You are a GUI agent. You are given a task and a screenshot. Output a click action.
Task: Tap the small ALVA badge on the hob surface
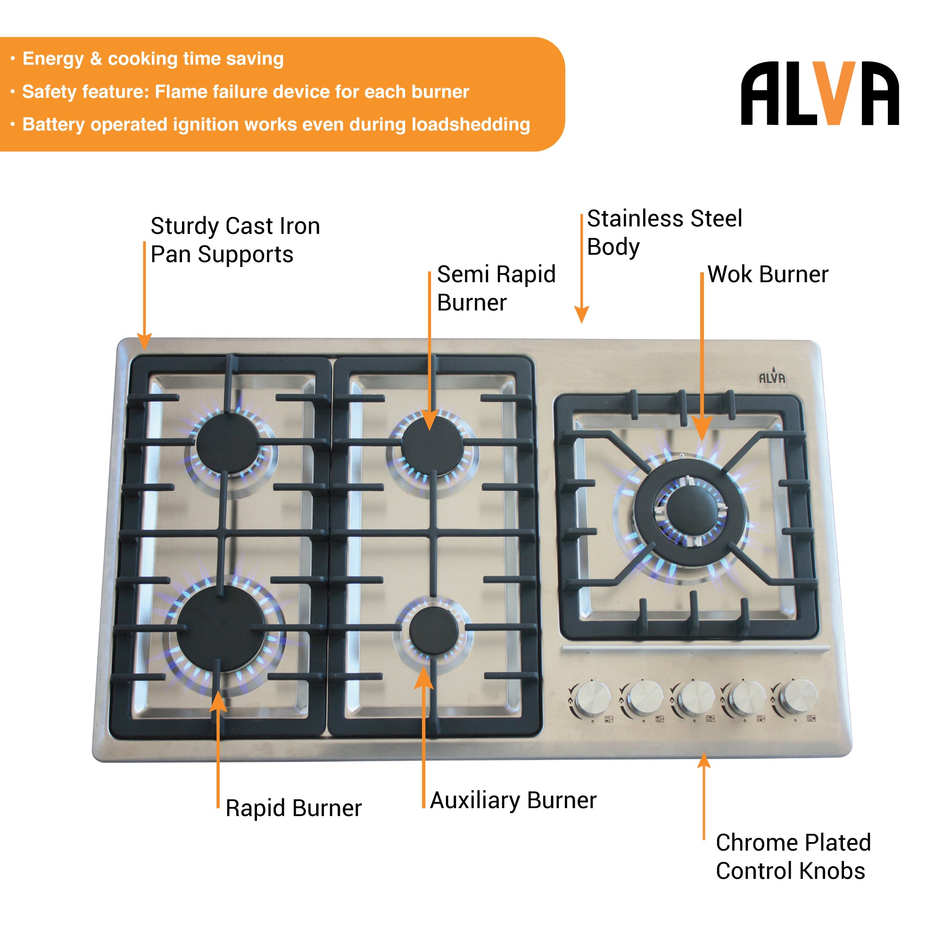click(x=772, y=379)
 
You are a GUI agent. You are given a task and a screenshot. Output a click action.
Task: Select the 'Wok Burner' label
click(x=767, y=274)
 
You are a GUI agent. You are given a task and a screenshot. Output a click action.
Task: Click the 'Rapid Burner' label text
click(x=293, y=808)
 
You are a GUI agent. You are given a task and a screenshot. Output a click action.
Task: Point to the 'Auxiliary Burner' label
click(x=513, y=800)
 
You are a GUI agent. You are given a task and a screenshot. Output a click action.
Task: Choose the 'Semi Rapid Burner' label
click(x=496, y=288)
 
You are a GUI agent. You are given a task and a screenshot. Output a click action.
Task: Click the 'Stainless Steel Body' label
click(x=664, y=232)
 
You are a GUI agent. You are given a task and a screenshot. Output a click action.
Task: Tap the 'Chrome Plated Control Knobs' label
click(x=793, y=857)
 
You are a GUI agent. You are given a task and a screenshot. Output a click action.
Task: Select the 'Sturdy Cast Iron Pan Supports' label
click(x=235, y=240)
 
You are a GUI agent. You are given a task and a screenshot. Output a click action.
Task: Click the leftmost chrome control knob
click(x=593, y=698)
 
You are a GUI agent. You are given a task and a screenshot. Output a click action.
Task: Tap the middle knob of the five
click(x=696, y=697)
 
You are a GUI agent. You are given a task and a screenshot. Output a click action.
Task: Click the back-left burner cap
click(x=228, y=442)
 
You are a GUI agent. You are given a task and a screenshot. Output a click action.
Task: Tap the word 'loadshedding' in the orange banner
click(x=471, y=124)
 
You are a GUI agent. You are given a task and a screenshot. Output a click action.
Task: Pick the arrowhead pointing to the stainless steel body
click(x=581, y=315)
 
